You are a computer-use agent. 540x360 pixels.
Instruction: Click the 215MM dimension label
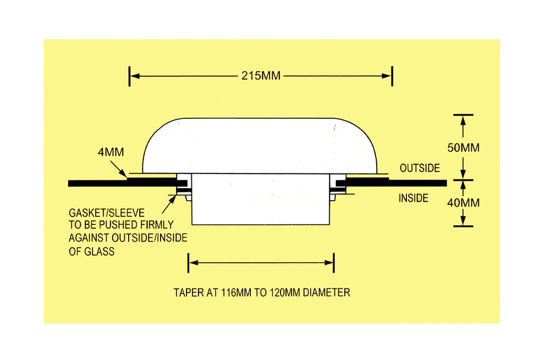pyautogui.click(x=261, y=76)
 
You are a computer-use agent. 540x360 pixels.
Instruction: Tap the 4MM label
pyautogui.click(x=111, y=152)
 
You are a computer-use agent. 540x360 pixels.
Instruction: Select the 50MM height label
pyautogui.click(x=463, y=148)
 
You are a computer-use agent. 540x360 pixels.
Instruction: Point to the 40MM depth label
pyautogui.click(x=463, y=203)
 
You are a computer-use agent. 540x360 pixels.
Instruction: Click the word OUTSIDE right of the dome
pyautogui.click(x=420, y=168)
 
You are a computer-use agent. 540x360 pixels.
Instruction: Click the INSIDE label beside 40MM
pyautogui.click(x=414, y=198)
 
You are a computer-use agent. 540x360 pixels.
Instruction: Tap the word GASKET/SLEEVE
pyautogui.click(x=107, y=213)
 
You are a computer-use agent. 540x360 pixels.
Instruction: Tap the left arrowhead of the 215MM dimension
pyautogui.click(x=135, y=76)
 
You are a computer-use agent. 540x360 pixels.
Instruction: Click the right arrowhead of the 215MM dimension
pyautogui.click(x=386, y=76)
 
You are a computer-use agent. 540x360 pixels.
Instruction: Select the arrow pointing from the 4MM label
pyautogui.click(x=118, y=169)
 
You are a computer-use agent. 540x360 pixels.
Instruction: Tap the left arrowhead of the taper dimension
pyautogui.click(x=194, y=263)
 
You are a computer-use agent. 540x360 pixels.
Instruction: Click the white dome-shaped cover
pyautogui.click(x=259, y=146)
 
